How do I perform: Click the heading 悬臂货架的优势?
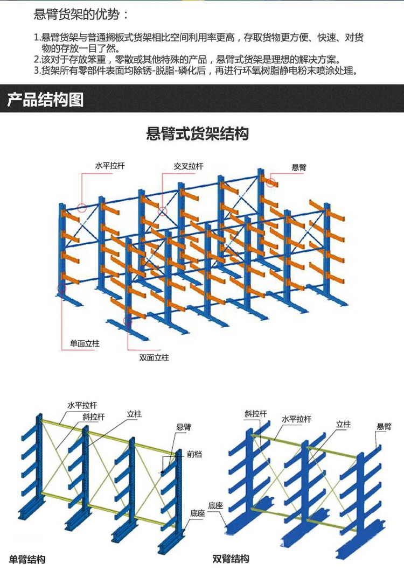[76, 15]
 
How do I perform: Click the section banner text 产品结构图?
[45, 100]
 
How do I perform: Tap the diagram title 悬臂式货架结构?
[197, 133]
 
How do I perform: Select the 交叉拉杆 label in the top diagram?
[189, 166]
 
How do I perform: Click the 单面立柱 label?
[85, 343]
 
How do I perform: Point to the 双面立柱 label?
[154, 357]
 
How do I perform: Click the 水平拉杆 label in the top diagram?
[110, 166]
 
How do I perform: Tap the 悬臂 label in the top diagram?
[299, 167]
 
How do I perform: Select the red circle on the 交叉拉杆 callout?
[162, 211]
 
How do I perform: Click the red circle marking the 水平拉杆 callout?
[82, 208]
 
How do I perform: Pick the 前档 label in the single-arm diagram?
[194, 454]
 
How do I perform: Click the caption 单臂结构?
[27, 560]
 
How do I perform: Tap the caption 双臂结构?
[231, 559]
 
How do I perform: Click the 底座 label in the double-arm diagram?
[215, 505]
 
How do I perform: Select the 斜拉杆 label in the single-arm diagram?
[94, 417]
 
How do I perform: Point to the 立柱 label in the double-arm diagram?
[343, 424]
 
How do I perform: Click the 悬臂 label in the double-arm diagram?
[384, 426]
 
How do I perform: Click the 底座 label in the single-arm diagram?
[197, 513]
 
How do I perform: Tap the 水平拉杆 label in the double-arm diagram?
[296, 419]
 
